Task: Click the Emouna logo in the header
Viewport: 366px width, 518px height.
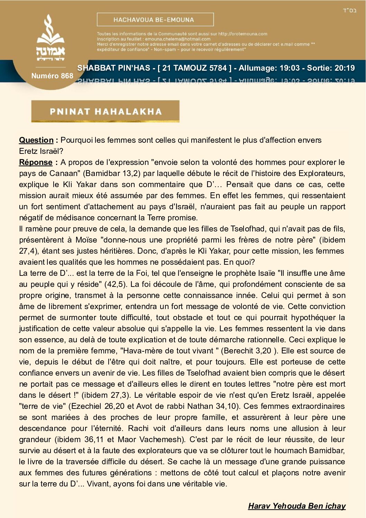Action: pyautogui.click(x=51, y=38)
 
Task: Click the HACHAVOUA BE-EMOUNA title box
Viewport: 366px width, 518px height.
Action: pyautogui.click(x=155, y=20)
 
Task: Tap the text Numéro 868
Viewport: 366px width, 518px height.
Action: pyautogui.click(x=52, y=76)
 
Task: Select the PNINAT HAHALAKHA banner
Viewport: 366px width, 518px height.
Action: pyautogui.click(x=105, y=111)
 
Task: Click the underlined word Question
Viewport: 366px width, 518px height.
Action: pyautogui.click(x=36, y=140)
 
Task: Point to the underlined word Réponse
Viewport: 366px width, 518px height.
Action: pyautogui.click(x=36, y=162)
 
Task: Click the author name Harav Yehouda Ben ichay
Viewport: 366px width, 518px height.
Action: pyautogui.click(x=297, y=506)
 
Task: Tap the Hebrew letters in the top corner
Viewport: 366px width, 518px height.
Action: pyautogui.click(x=349, y=10)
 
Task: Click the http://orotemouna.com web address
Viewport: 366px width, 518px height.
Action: pyautogui.click(x=243, y=34)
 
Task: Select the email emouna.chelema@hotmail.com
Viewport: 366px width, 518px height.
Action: pyautogui.click(x=177, y=39)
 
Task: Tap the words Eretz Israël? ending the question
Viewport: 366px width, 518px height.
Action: pyautogui.click(x=41, y=151)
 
